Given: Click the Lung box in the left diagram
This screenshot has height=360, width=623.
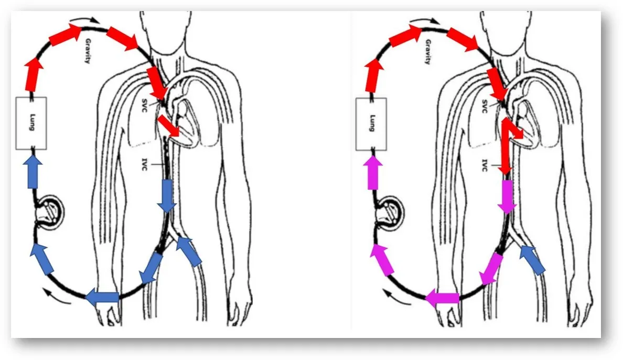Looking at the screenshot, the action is [31, 123].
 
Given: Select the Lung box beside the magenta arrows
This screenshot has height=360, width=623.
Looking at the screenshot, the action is [371, 124].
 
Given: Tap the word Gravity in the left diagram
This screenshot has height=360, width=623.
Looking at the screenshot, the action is [88, 51].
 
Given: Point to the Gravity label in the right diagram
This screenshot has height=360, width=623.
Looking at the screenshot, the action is [428, 51].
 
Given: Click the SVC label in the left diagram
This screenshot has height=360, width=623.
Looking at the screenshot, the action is [144, 105].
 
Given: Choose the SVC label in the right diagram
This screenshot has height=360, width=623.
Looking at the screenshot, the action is [485, 106].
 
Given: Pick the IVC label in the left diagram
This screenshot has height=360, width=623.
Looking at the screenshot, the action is [145, 165].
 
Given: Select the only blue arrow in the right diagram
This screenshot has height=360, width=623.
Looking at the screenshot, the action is [533, 260].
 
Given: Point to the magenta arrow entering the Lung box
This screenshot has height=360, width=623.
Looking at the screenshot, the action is [373, 172].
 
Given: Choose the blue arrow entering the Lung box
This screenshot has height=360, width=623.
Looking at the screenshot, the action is [33, 171].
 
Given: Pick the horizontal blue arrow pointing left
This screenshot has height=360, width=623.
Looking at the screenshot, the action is [102, 297].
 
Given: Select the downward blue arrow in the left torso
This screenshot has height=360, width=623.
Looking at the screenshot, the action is [167, 196].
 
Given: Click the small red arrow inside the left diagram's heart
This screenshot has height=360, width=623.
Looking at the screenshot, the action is [169, 126].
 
